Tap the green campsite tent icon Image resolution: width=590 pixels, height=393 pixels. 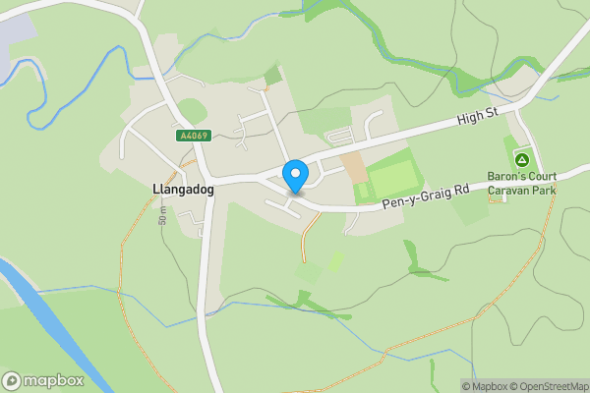[x=522, y=158]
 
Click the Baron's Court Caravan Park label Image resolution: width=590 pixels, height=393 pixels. [x=522, y=183]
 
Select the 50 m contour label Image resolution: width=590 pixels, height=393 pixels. [x=161, y=215]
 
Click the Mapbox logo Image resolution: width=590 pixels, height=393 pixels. [x=43, y=380]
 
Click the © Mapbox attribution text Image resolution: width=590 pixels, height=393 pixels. [x=483, y=386]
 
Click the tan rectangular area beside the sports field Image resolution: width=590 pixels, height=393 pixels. [x=352, y=165]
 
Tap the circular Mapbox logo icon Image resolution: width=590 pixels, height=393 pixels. [x=12, y=380]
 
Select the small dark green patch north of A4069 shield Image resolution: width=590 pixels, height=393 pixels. [x=272, y=75]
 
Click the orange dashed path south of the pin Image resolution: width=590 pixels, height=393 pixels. [x=307, y=236]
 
